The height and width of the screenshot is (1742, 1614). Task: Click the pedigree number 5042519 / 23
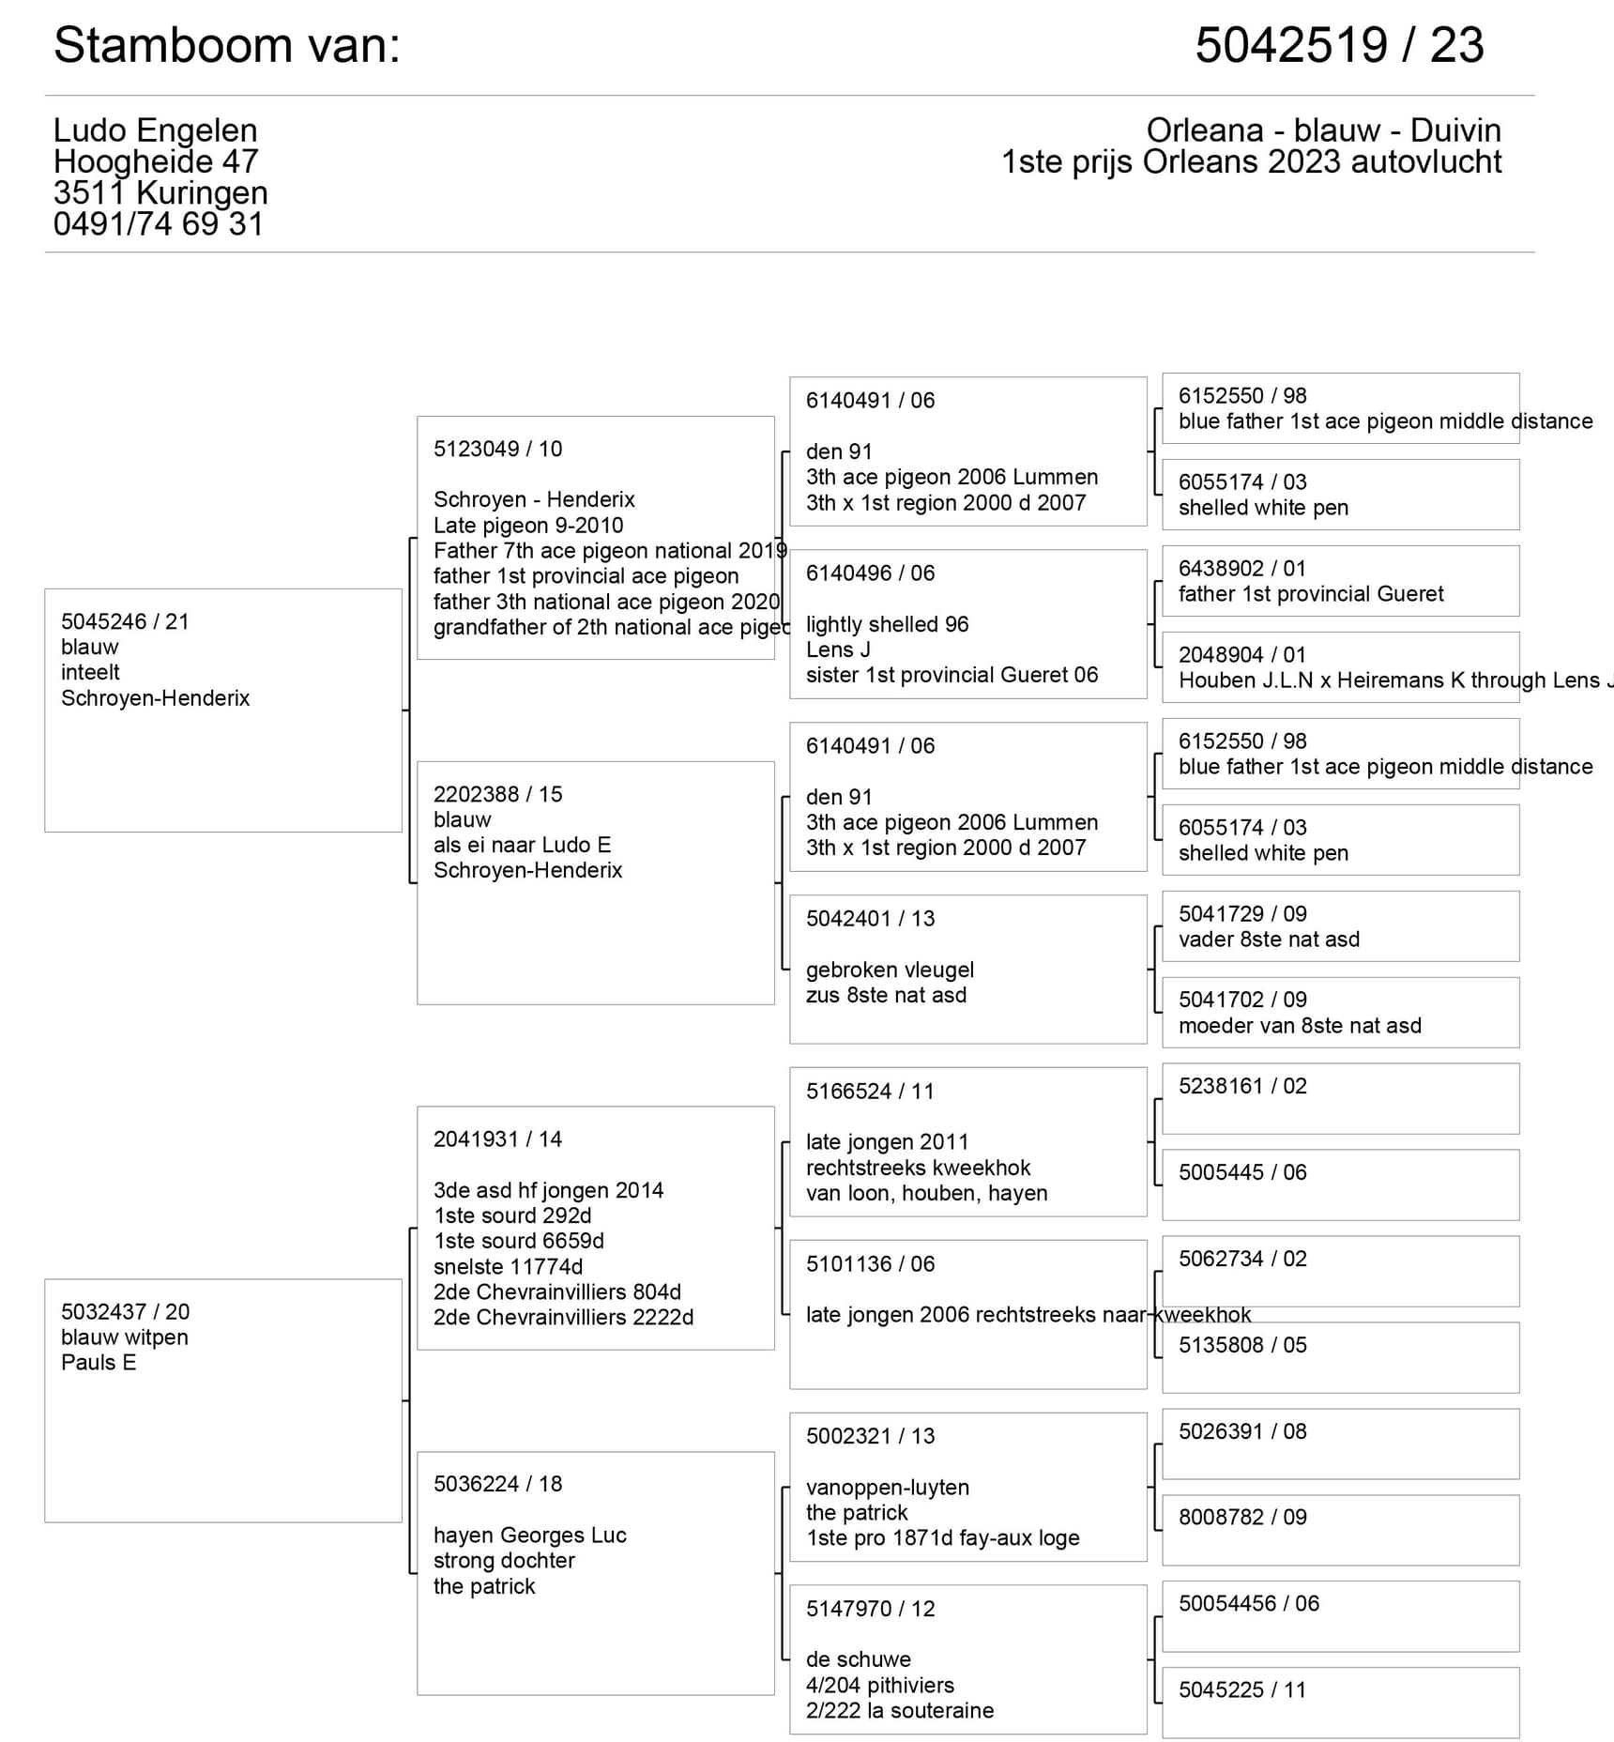pyautogui.click(x=1339, y=45)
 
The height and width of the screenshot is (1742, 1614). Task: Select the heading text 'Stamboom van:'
pyautogui.click(x=227, y=45)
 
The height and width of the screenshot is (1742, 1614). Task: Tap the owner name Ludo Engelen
pyautogui.click(x=155, y=130)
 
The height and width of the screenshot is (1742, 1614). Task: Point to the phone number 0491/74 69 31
pyautogui.click(x=158, y=224)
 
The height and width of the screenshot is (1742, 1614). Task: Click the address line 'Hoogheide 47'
pyautogui.click(x=156, y=161)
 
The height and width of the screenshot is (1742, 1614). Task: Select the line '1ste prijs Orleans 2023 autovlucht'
pyautogui.click(x=1251, y=161)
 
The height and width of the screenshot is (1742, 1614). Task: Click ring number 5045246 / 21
pyautogui.click(x=125, y=621)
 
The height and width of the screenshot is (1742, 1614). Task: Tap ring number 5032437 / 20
pyautogui.click(x=125, y=1311)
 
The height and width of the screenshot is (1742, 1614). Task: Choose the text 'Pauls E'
pyautogui.click(x=99, y=1363)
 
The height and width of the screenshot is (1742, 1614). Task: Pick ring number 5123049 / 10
pyautogui.click(x=497, y=449)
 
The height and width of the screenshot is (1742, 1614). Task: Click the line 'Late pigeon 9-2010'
pyautogui.click(x=528, y=526)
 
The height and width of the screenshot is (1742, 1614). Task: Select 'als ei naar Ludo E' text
pyautogui.click(x=522, y=845)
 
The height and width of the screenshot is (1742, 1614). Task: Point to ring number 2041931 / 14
pyautogui.click(x=497, y=1139)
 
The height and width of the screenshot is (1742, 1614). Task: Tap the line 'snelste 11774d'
pyautogui.click(x=508, y=1267)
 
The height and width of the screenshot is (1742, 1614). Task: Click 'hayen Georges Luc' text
pyautogui.click(x=529, y=1536)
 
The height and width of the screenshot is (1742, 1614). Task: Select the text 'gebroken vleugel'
pyautogui.click(x=890, y=970)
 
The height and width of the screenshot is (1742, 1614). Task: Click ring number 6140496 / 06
pyautogui.click(x=870, y=573)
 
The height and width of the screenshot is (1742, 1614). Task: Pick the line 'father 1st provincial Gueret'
pyautogui.click(x=1311, y=594)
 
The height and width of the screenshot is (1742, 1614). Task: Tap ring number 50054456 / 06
pyautogui.click(x=1248, y=1603)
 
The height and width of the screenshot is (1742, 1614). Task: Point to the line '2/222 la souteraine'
pyautogui.click(x=899, y=1710)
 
